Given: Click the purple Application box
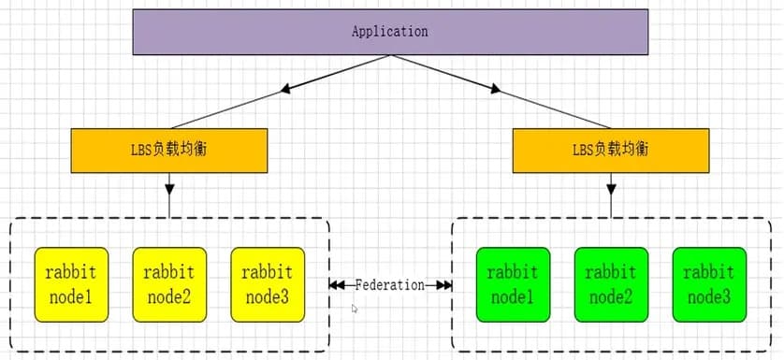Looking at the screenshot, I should pyautogui.click(x=389, y=32).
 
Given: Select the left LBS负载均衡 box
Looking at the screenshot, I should pyautogui.click(x=169, y=150).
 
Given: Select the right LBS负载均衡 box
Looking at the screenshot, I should pyautogui.click(x=610, y=150).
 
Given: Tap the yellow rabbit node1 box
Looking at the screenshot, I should pyautogui.click(x=71, y=284).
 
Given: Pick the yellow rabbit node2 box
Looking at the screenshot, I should pyautogui.click(x=169, y=284).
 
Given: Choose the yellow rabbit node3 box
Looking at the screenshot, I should pyautogui.click(x=268, y=284).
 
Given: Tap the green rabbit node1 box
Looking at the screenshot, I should pyautogui.click(x=513, y=284).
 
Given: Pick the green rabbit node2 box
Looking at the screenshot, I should pyautogui.click(x=611, y=284).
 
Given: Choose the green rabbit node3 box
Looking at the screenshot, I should pyautogui.click(x=709, y=284).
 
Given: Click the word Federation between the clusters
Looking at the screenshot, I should pyautogui.click(x=390, y=284).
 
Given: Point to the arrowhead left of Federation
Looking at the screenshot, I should pyautogui.click(x=336, y=284).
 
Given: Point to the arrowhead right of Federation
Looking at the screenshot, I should pyautogui.click(x=444, y=284).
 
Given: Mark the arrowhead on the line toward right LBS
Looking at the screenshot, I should pyautogui.click(x=494, y=91).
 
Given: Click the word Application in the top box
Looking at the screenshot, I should pyautogui.click(x=389, y=32).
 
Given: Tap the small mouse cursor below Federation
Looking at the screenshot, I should pyautogui.click(x=355, y=308).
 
